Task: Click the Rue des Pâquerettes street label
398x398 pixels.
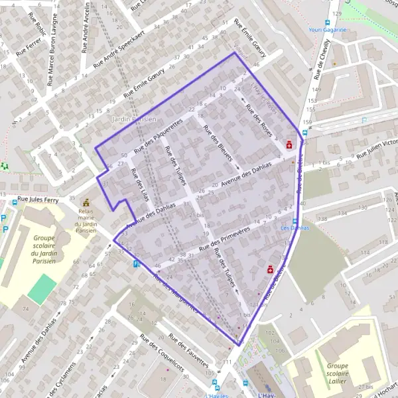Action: click(x=158, y=136)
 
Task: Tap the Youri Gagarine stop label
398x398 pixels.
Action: click(x=330, y=29)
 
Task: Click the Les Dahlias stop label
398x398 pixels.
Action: click(x=296, y=228)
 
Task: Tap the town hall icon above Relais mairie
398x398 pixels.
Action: click(x=86, y=202)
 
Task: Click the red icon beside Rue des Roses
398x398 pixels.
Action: click(x=289, y=144)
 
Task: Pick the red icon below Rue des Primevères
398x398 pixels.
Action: click(x=270, y=269)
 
